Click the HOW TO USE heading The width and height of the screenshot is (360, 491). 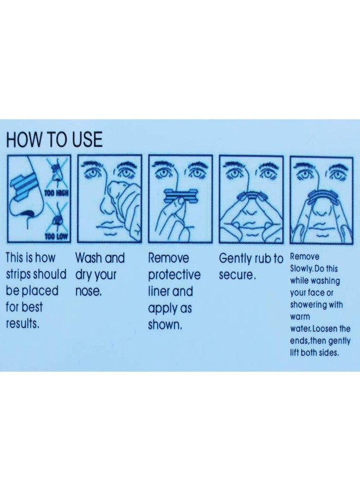tap(54, 139)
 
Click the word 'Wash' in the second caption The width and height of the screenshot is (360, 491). tap(88, 258)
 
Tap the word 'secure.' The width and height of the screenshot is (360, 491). tap(238, 276)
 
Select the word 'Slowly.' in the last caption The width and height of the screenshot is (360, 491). tap(302, 268)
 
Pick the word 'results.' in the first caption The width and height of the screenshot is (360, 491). tap(23, 323)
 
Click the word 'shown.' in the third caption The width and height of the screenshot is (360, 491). tap(165, 325)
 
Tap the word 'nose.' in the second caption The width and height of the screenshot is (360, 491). tap(88, 291)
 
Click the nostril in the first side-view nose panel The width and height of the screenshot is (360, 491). tap(28, 214)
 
